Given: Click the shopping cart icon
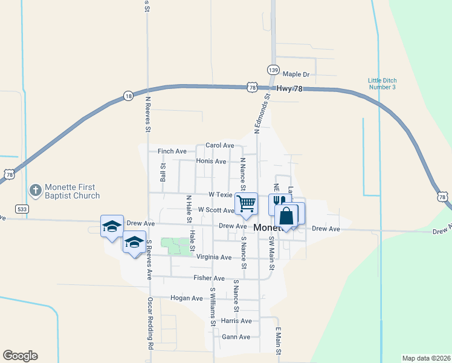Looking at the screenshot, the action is pyautogui.click(x=247, y=203).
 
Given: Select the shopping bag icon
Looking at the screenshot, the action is pyautogui.click(x=286, y=216).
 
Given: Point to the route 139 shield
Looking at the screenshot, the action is pyautogui.click(x=274, y=70).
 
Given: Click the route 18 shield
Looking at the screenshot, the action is pyautogui.click(x=128, y=96).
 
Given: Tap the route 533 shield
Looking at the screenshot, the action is pyautogui.click(x=22, y=209).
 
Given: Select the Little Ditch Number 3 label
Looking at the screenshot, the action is pyautogui.click(x=382, y=83).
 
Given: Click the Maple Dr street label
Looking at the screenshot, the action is pyautogui.click(x=295, y=74).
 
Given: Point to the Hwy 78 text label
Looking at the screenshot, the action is pyautogui.click(x=288, y=88).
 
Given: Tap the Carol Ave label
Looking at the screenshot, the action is pyautogui.click(x=219, y=145).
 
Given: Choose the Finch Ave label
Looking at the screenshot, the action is pyautogui.click(x=172, y=151).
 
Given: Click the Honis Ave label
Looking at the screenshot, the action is pyautogui.click(x=211, y=162).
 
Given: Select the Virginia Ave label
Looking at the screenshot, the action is pyautogui.click(x=214, y=257).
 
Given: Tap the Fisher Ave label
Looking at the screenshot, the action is pyautogui.click(x=209, y=278).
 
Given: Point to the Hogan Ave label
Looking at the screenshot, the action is pyautogui.click(x=187, y=298).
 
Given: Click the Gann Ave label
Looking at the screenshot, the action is pyautogui.click(x=236, y=337).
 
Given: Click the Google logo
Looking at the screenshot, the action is pyautogui.click(x=20, y=356).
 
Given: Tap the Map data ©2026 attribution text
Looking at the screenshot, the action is pyautogui.click(x=425, y=358).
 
